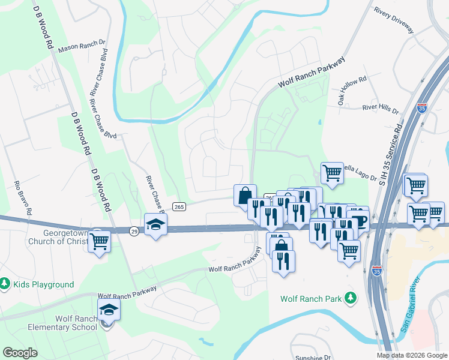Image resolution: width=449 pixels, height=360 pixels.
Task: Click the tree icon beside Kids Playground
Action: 5,283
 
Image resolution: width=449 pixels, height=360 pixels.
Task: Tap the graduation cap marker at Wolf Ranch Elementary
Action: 109,310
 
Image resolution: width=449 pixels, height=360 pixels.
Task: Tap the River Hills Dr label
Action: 380,109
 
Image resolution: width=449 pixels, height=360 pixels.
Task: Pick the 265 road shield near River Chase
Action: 178,206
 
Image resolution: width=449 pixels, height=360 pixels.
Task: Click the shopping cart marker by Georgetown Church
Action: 100,242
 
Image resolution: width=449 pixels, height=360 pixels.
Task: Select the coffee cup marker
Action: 358,220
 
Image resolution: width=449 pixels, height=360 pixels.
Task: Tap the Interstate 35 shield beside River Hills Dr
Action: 422,109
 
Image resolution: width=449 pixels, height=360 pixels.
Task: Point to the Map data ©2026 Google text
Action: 412,355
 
